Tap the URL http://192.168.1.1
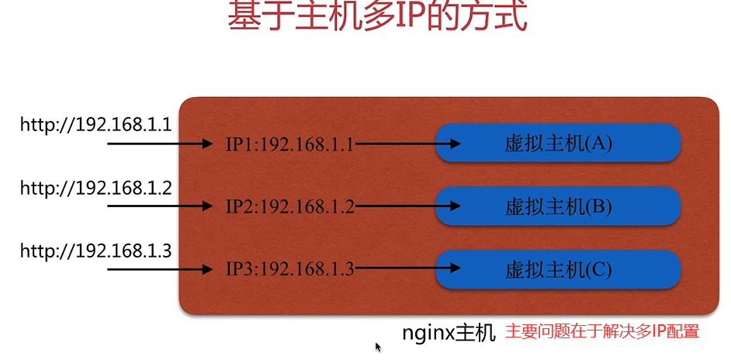(x=96, y=125)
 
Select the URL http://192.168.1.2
(x=96, y=188)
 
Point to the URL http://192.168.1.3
(x=96, y=251)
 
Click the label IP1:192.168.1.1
(x=290, y=144)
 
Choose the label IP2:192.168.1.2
(x=290, y=206)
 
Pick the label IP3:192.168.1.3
(x=290, y=269)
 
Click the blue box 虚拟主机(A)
(x=558, y=144)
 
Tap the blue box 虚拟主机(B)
(x=558, y=206)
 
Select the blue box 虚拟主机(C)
(x=558, y=269)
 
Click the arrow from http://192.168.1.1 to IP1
(x=160, y=144)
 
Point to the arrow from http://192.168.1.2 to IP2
(x=160, y=206)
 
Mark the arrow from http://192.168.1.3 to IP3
(x=160, y=268)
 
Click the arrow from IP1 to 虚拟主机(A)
(x=408, y=144)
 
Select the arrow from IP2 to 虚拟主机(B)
(x=408, y=206)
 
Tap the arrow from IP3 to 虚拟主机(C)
(x=408, y=268)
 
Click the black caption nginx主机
(x=449, y=333)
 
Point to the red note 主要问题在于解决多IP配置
(x=602, y=331)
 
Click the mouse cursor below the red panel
(x=378, y=347)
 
